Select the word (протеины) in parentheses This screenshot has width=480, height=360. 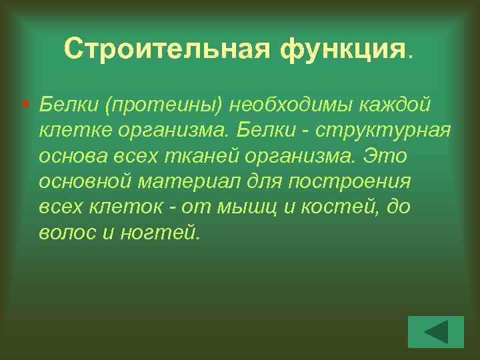[x=166, y=105]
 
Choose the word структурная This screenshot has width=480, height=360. [x=383, y=131]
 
